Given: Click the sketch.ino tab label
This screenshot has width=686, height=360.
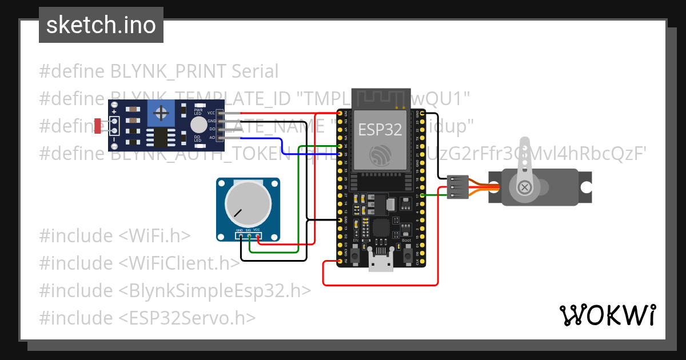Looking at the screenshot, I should pos(101,25).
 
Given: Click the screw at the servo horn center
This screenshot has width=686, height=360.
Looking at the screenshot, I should pos(524,187).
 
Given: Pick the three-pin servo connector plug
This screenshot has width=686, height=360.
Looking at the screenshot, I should pos(458,187).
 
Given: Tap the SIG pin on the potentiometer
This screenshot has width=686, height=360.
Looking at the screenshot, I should pos(249,235).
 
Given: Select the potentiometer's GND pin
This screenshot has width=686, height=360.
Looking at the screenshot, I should pos(241,235).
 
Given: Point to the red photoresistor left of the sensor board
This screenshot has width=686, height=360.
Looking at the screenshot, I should pos(99,125).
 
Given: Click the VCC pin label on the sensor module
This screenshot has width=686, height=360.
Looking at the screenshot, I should pos(212,113).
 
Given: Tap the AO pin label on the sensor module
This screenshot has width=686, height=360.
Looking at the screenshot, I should pos(212,138).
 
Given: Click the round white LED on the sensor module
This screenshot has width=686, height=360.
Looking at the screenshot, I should pos(198,125).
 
